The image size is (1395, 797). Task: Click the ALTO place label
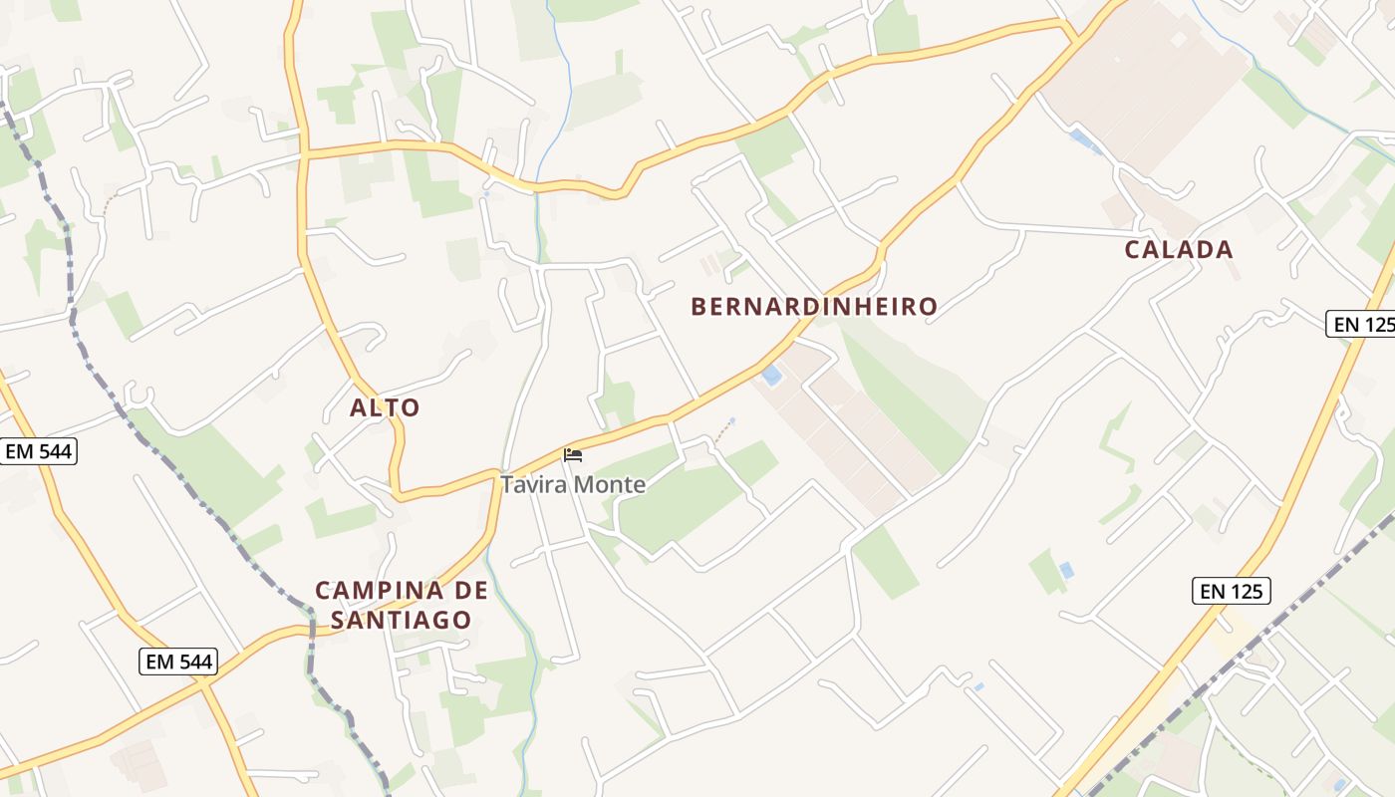(385, 407)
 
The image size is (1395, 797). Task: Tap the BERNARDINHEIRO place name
(814, 307)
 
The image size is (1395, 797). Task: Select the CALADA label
(1179, 250)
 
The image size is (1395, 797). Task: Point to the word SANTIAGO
(401, 620)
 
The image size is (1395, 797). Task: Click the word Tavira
(531, 485)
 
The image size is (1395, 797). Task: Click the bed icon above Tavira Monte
(572, 455)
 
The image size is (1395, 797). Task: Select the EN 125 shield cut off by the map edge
(1361, 324)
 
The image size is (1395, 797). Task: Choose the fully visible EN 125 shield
(1232, 591)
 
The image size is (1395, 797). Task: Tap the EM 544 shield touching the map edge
(38, 451)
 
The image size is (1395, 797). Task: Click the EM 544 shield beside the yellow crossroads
(179, 661)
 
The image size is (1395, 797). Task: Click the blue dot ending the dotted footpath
(732, 420)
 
